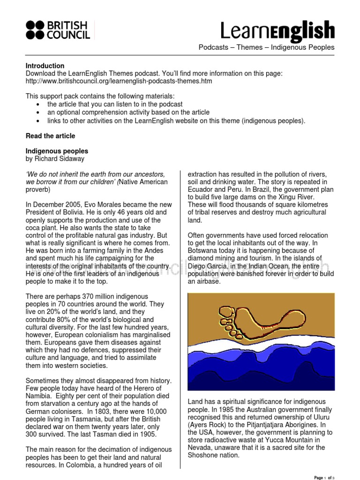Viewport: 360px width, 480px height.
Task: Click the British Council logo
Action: coord(58,30)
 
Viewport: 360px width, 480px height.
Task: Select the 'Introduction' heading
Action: coord(45,66)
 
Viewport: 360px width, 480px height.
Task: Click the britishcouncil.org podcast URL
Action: coord(119,81)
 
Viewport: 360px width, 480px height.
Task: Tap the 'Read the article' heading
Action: coord(50,136)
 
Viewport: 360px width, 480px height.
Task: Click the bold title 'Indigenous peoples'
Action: coord(57,151)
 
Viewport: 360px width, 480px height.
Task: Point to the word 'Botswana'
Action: coord(203,250)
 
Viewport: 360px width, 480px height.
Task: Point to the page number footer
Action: coord(325,477)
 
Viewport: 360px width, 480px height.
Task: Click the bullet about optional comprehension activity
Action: coord(128,112)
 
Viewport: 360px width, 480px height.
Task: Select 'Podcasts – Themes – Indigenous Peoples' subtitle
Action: coord(266,47)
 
